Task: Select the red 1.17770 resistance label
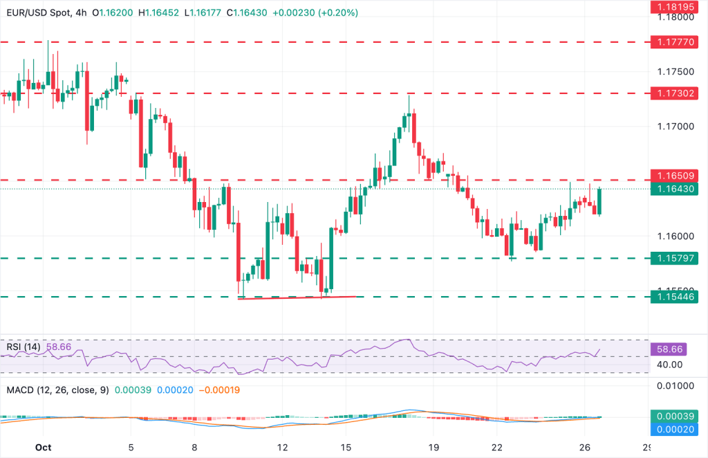coord(676,42)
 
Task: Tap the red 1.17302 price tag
coord(676,92)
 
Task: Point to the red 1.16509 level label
coord(676,175)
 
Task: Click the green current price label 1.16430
coord(676,188)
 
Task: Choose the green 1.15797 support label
coord(676,258)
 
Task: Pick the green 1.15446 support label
coord(676,296)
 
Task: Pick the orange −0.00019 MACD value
coord(221,390)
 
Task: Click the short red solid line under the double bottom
coord(297,297)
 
